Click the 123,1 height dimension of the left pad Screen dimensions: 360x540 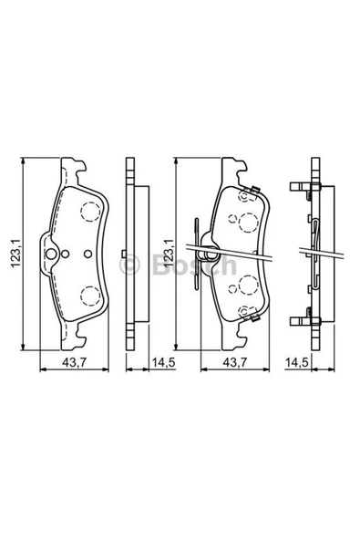pos(16,254)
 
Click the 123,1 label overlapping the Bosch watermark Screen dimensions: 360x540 pos(170,254)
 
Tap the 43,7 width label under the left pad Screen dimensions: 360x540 pos(74,362)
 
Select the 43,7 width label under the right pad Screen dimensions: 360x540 pos(235,362)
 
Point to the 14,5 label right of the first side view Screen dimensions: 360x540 pos(164,362)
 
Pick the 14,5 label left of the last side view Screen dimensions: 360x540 pos(296,362)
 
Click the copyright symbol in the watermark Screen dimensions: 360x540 pos(129,265)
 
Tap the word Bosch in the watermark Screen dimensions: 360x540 pos(194,265)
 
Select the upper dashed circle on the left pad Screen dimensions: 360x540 pos(90,211)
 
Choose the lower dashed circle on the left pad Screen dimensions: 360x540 pos(90,296)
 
